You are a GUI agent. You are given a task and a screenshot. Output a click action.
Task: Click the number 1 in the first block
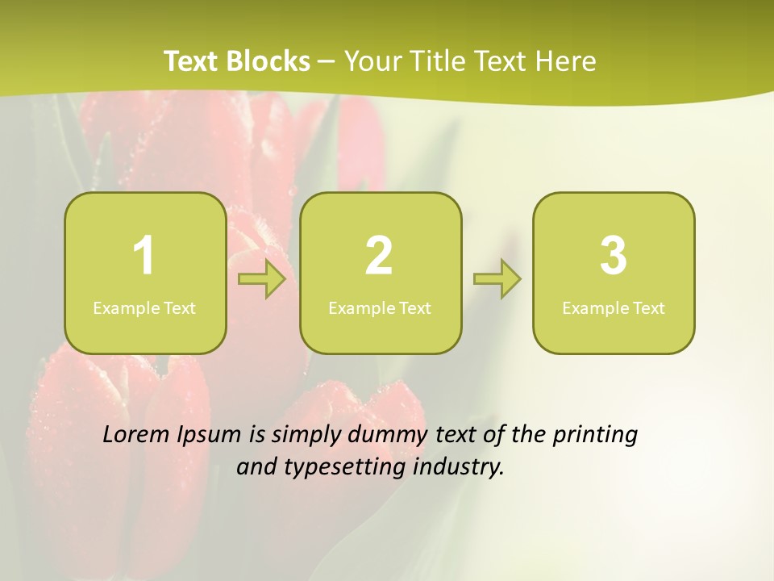click(144, 256)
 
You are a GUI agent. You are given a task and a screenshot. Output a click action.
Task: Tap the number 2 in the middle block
click(379, 256)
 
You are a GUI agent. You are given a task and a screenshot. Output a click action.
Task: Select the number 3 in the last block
click(614, 256)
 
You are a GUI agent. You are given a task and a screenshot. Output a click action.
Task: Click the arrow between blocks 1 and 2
click(263, 279)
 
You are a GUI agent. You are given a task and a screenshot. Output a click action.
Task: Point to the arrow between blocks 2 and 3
click(497, 279)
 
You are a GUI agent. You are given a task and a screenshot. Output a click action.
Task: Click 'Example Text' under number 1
click(144, 308)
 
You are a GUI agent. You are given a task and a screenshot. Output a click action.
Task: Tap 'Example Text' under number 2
click(380, 308)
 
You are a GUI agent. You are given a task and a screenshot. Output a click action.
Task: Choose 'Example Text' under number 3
click(614, 308)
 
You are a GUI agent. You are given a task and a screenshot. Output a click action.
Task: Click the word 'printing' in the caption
click(595, 436)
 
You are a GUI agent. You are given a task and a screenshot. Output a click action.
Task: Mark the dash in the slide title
click(327, 62)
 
